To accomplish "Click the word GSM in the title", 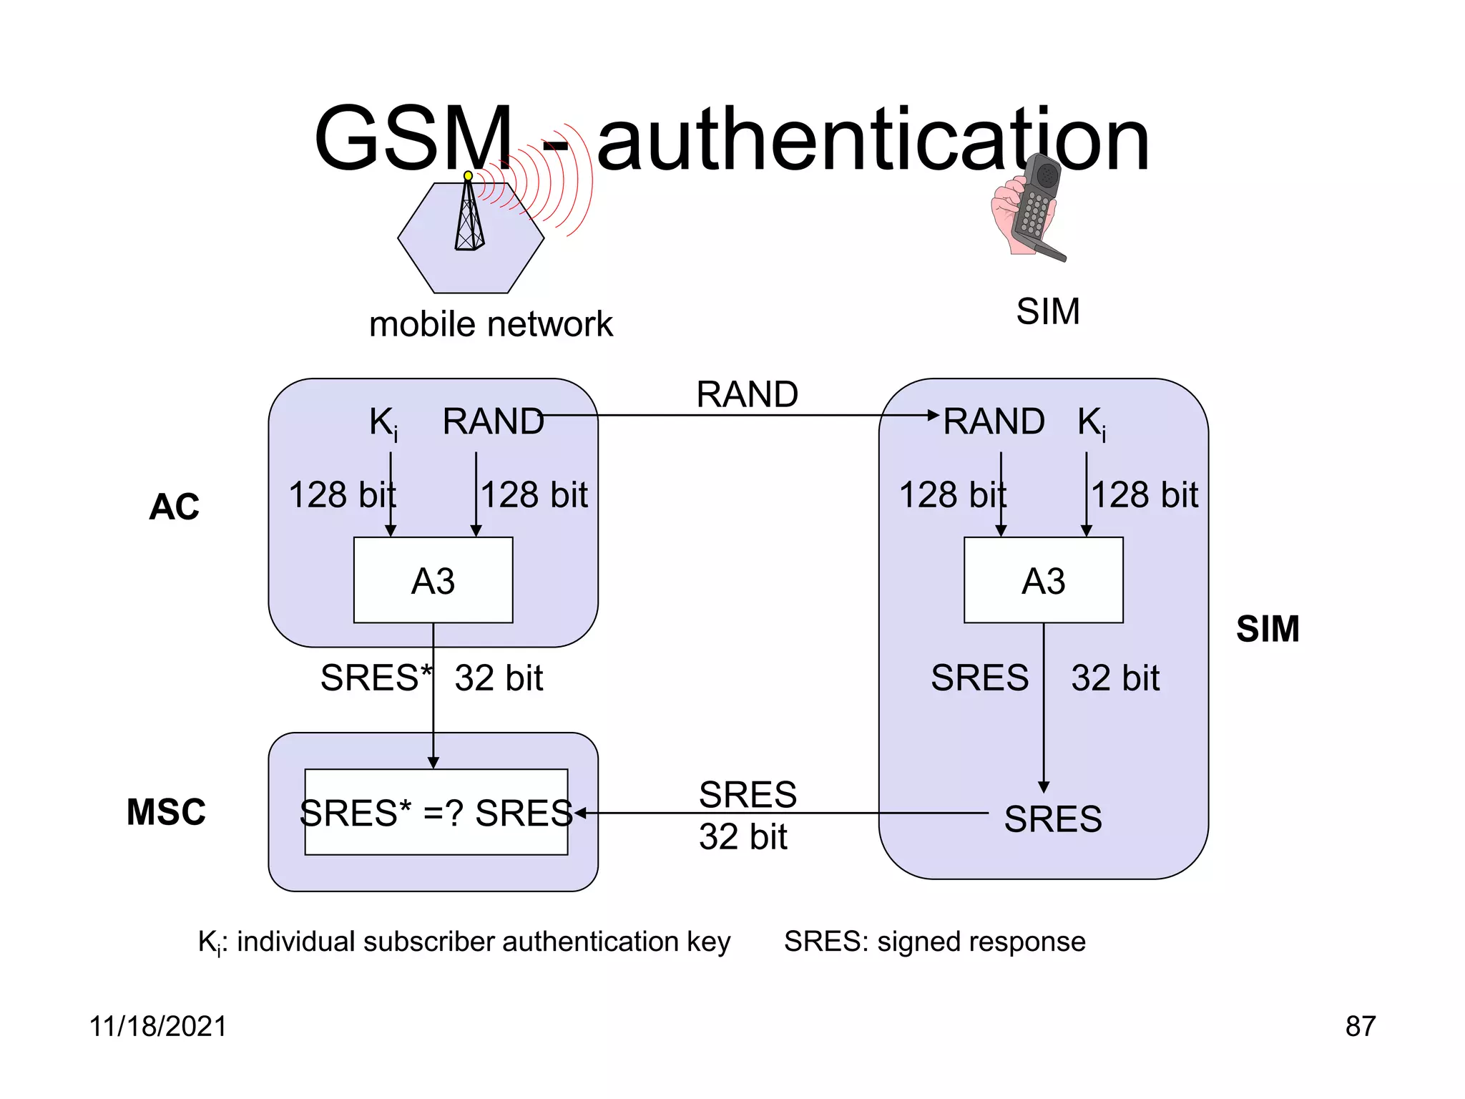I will click(x=413, y=140).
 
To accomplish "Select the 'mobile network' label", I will click(x=491, y=324).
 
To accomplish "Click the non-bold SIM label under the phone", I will click(x=1048, y=311).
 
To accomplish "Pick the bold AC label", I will click(x=174, y=507).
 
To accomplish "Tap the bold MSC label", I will click(x=166, y=812).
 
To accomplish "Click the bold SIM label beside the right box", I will click(x=1268, y=629).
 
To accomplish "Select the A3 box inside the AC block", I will click(x=433, y=580).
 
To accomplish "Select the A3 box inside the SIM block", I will click(x=1043, y=580).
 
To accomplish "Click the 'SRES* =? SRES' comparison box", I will click(x=436, y=812).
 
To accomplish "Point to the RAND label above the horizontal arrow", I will click(x=747, y=394).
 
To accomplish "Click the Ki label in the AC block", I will click(x=383, y=422).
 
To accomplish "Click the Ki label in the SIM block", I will click(x=1092, y=422).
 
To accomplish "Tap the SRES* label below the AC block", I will click(x=376, y=677).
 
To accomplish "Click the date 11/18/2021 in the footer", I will click(x=157, y=1026).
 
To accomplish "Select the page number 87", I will click(x=1360, y=1026).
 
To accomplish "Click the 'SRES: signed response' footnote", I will click(x=934, y=942).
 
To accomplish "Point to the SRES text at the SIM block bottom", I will click(x=1052, y=819).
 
